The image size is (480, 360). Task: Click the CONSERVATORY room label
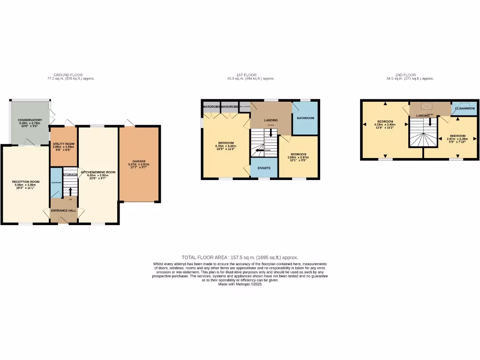click(30, 120)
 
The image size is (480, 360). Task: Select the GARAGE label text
click(138, 161)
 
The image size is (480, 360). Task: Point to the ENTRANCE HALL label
click(63, 210)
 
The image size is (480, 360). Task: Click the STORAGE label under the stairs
click(71, 175)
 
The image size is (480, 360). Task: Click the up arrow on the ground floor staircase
click(70, 191)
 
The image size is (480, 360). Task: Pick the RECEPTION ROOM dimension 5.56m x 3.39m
click(26, 185)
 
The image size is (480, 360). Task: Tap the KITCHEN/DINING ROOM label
click(98, 172)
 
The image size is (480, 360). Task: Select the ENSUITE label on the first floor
click(264, 168)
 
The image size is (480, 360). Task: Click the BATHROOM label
click(305, 118)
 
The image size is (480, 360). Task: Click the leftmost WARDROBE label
click(211, 107)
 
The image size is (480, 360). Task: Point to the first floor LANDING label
click(271, 120)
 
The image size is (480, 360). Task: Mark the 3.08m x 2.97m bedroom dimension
click(298, 157)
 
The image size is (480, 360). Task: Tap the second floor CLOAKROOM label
click(465, 108)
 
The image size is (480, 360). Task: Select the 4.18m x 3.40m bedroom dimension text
click(385, 125)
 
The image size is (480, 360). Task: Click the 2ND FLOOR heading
click(405, 75)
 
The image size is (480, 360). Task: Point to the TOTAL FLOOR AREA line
click(240, 257)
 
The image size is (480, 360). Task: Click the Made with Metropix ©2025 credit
click(240, 284)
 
